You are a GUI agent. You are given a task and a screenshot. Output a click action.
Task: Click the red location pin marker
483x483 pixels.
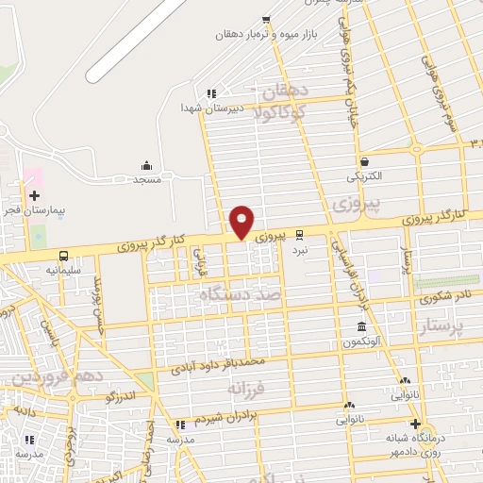click(x=241, y=222)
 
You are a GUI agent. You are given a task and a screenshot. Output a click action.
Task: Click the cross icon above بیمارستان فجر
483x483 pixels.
click(x=35, y=194)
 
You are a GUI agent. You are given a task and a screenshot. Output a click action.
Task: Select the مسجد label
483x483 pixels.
click(x=147, y=178)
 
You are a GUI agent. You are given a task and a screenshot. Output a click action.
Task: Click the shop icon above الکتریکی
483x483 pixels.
click(x=364, y=160)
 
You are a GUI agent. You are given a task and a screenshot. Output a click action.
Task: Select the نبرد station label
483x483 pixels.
click(x=300, y=249)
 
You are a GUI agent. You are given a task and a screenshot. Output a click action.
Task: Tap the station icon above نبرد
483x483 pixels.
click(x=300, y=233)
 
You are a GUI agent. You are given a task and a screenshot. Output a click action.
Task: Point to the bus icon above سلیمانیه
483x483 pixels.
click(x=63, y=255)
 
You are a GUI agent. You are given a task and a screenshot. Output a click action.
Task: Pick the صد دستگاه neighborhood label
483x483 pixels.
click(x=240, y=296)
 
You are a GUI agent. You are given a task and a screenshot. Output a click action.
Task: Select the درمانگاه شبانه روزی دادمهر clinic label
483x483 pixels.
click(x=416, y=445)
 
